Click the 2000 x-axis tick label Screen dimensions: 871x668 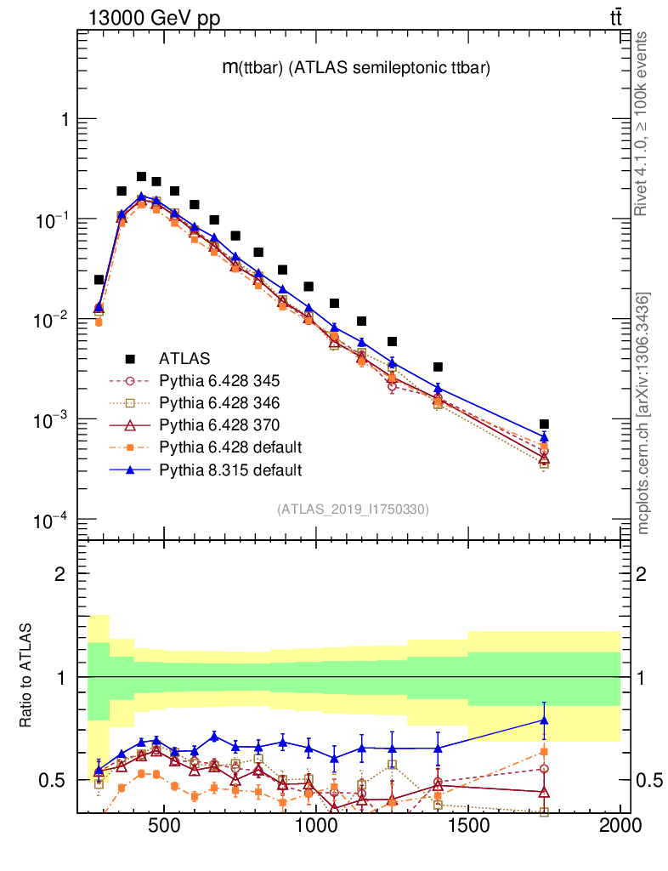(620, 826)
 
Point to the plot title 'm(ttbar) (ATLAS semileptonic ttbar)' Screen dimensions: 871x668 (356, 69)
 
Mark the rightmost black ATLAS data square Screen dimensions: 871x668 (544, 424)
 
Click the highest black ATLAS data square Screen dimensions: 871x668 (141, 177)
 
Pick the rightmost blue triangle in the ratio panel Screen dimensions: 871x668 (544, 720)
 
